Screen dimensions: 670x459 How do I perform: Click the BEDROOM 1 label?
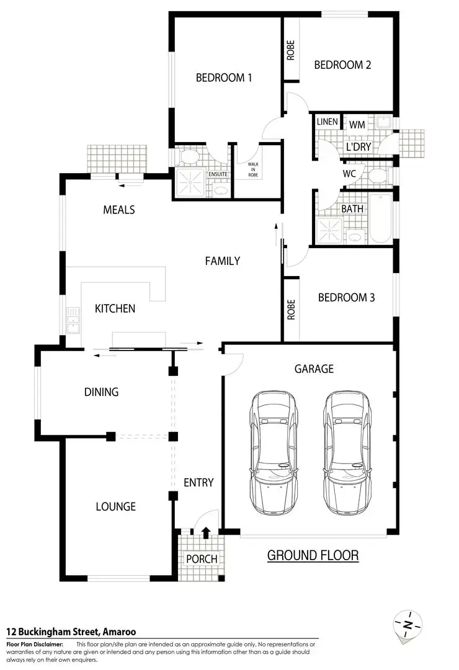[224, 78]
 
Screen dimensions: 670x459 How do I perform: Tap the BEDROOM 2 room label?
[342, 65]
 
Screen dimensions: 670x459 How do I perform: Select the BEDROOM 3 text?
[346, 297]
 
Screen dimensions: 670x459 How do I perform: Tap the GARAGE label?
[313, 368]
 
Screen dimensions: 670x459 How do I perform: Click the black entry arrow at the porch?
[206, 531]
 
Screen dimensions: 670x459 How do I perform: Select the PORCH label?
[202, 558]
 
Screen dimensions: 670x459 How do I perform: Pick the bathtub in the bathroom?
[380, 219]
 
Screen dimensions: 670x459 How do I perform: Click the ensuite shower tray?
[190, 181]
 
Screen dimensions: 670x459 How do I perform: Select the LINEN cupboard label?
[327, 122]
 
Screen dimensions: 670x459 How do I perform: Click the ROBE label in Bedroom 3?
[291, 310]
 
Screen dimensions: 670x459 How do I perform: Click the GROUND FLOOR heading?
[313, 555]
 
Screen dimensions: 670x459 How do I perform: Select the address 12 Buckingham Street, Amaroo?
[71, 632]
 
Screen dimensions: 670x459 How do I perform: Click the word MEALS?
[118, 210]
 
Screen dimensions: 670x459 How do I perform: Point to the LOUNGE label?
[115, 506]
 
